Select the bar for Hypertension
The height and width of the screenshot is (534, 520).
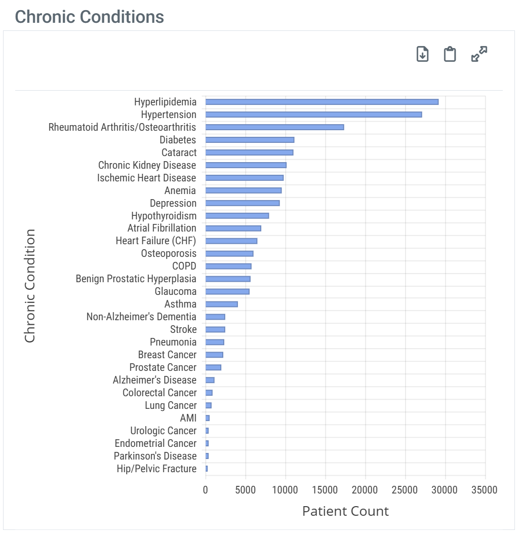[313, 115]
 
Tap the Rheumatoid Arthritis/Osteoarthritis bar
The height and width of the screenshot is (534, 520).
[274, 127]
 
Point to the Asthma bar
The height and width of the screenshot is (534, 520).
[221, 304]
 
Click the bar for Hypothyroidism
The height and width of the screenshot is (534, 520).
[237, 216]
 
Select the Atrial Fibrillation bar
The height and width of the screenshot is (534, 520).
[233, 228]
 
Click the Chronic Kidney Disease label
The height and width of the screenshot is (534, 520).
[147, 165]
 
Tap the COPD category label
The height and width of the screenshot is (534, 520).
[184, 266]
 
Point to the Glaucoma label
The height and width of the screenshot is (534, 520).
[175, 291]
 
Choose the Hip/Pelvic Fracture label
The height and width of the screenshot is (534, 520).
[156, 469]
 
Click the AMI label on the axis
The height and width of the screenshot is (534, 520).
[188, 418]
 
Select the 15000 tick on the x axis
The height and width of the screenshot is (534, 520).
[325, 490]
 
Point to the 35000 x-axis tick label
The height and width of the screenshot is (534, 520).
[485, 490]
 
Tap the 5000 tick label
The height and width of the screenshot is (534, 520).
[245, 490]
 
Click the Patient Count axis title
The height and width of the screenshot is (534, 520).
[345, 511]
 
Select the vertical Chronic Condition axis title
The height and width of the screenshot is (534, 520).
[30, 286]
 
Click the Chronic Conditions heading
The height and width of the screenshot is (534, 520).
[90, 17]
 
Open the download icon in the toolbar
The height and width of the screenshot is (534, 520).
[422, 54]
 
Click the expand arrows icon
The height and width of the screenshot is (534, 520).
[479, 54]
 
